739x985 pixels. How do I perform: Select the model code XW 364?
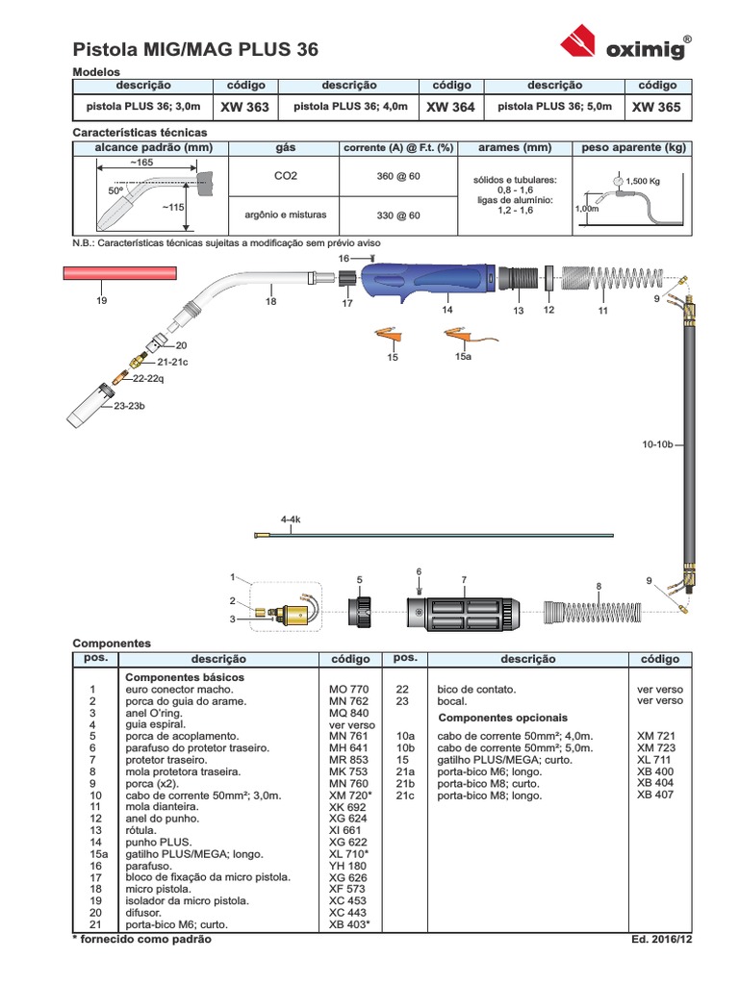pyautogui.click(x=450, y=107)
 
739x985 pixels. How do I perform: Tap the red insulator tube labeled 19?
pyautogui.click(x=120, y=272)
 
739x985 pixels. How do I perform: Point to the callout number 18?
pyautogui.click(x=270, y=301)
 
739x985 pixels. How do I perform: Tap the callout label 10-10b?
pyautogui.click(x=657, y=444)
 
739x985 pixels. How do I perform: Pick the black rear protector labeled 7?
pyautogui.click(x=463, y=613)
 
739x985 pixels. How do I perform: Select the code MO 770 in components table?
pyautogui.click(x=348, y=689)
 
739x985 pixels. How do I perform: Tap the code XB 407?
pyautogui.click(x=654, y=795)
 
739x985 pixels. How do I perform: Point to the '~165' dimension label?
pyautogui.click(x=141, y=162)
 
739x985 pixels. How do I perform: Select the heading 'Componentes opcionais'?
pyautogui.click(x=502, y=718)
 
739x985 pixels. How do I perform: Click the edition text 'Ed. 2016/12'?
pyautogui.click(x=662, y=939)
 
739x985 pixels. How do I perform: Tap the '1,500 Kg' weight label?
pyautogui.click(x=642, y=181)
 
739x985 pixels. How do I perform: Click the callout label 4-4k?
pyautogui.click(x=291, y=519)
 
